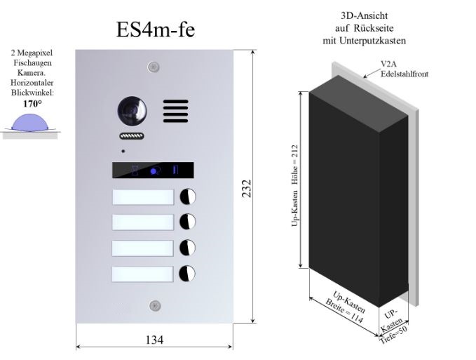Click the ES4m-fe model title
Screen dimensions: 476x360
[156, 29]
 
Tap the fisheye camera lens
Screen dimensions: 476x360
[132, 111]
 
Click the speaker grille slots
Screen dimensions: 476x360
[176, 111]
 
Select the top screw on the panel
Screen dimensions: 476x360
[154, 67]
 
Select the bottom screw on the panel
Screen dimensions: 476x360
[155, 305]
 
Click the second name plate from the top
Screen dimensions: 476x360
[143, 222]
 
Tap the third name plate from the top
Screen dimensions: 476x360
[142, 248]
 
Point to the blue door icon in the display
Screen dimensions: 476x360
[175, 170]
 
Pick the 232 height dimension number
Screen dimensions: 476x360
[247, 188]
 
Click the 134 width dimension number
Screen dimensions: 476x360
[154, 340]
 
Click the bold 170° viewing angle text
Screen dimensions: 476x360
[32, 104]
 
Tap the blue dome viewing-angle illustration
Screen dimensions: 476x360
[29, 122]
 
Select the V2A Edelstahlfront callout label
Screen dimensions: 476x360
[404, 69]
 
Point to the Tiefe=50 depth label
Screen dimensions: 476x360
[393, 335]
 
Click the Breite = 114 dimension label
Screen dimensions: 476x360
[344, 312]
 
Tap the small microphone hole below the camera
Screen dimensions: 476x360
[123, 151]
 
